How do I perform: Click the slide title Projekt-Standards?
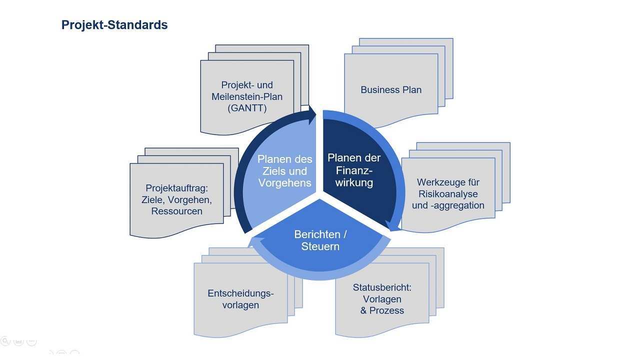pos(114,25)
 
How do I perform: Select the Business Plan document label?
pos(391,90)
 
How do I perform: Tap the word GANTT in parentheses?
pos(247,107)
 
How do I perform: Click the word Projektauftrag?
pos(176,188)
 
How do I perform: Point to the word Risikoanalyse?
pos(448,194)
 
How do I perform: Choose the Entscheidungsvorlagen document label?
pos(240,299)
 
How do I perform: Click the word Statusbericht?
pos(382,287)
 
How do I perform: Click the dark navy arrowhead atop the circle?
pos(312,115)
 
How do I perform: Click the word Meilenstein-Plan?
pos(247,96)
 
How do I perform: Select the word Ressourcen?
pos(176,211)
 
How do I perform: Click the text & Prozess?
pos(382,310)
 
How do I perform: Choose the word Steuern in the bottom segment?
pos(320,246)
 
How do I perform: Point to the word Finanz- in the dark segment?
pos(354,170)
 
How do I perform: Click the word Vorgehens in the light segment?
pos(284,183)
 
